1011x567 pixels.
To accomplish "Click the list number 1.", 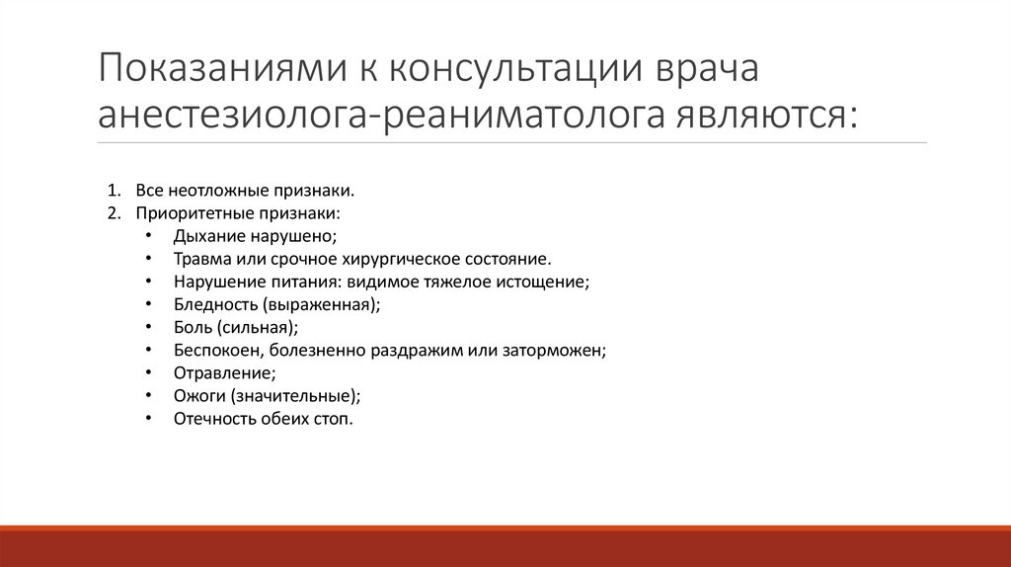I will tap(114, 190).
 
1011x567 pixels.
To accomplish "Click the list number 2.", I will tap(114, 212).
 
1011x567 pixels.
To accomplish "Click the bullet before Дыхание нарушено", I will tap(148, 236).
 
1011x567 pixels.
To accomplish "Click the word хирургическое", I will tap(383, 259).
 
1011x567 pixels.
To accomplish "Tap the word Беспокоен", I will tap(212, 350).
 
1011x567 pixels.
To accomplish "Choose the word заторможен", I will tap(561, 350).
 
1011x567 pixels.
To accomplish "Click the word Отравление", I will tap(223, 372).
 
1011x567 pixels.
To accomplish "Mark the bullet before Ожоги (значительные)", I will tap(148, 395).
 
